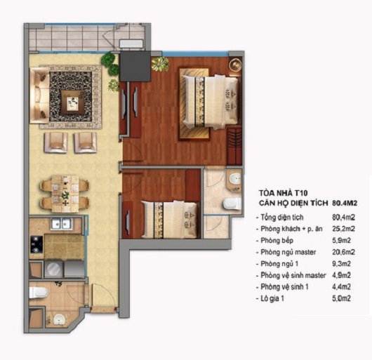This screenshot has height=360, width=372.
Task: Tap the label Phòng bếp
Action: click(277, 241)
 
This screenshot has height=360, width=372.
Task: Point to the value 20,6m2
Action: click(343, 252)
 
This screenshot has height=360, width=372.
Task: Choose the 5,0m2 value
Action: click(341, 298)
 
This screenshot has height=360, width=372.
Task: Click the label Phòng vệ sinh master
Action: click(293, 275)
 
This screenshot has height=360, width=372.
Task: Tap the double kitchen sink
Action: click(62, 223)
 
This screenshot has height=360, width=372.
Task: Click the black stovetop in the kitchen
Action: click(36, 244)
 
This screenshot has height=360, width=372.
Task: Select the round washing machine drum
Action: click(53, 268)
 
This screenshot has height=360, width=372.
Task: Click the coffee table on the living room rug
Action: click(72, 102)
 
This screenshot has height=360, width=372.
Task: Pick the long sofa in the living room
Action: click(39, 95)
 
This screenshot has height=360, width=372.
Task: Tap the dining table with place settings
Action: click(65, 193)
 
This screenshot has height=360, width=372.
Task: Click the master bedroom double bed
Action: click(211, 102)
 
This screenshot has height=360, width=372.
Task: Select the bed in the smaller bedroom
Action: click(170, 220)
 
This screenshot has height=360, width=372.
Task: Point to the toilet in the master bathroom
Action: click(232, 204)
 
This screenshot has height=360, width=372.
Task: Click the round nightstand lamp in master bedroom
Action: click(235, 64)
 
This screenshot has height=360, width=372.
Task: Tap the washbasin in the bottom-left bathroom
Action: click(58, 319)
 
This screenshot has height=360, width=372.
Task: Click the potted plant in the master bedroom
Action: click(160, 64)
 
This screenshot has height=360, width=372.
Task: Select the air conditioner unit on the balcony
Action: click(132, 45)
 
